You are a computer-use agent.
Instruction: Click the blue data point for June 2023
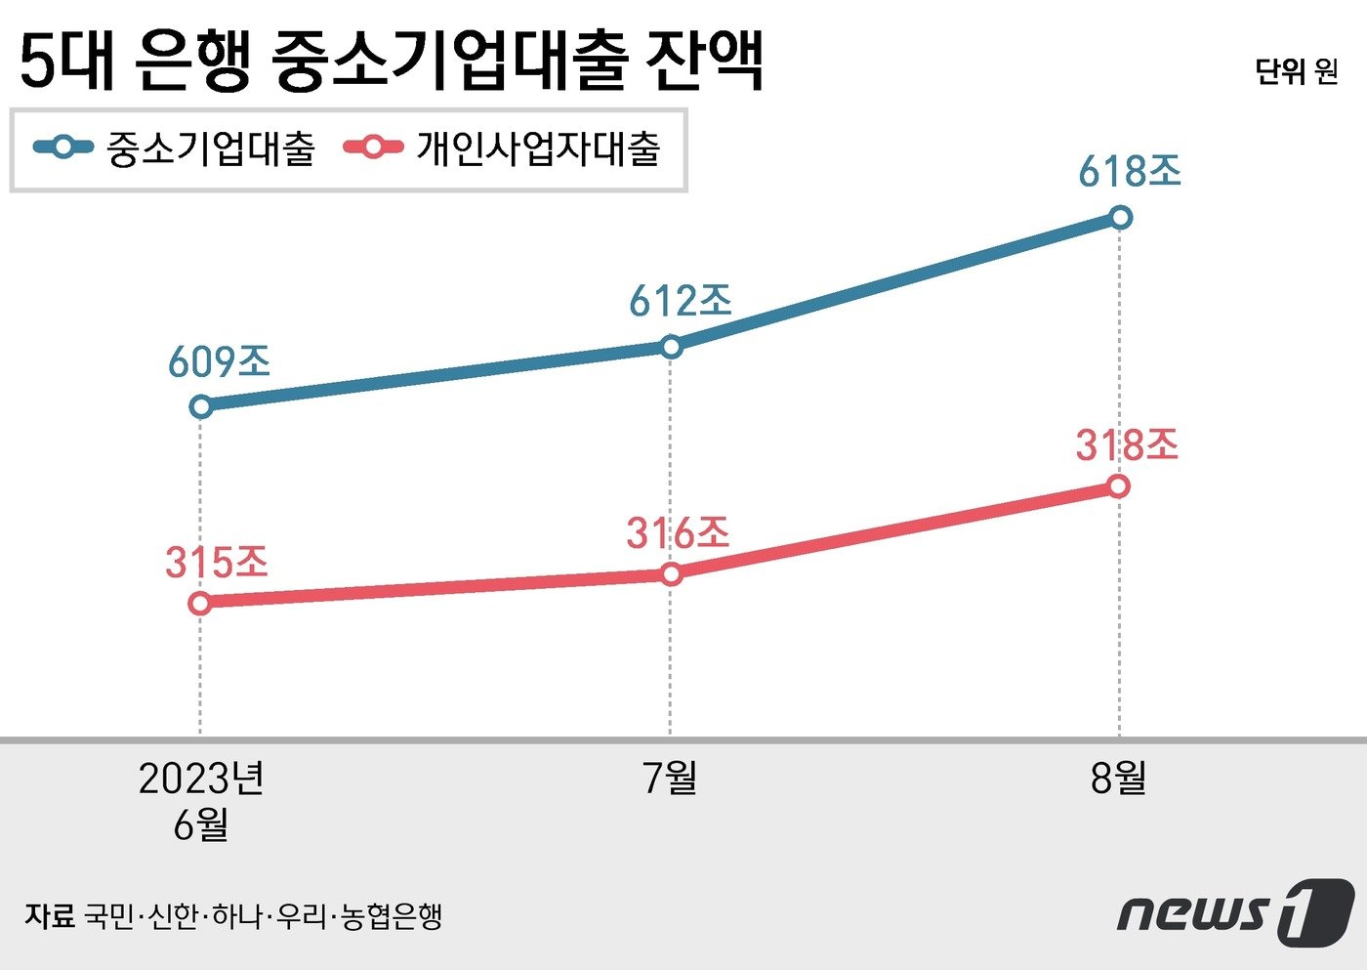(201, 406)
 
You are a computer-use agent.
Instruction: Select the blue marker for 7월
(671, 347)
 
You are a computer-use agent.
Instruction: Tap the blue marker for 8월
(1121, 217)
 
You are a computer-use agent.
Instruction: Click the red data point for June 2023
(200, 604)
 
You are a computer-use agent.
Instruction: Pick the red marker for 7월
(671, 574)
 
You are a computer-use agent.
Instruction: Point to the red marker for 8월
(1119, 485)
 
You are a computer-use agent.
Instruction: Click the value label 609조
(219, 362)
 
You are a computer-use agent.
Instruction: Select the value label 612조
(680, 301)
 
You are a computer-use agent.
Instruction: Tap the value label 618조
(1130, 172)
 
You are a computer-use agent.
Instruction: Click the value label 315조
(216, 563)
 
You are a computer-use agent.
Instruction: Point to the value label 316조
(678, 533)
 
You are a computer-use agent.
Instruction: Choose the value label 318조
(1127, 445)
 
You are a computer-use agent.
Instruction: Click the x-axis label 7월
(671, 779)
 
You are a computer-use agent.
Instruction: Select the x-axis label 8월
(1119, 779)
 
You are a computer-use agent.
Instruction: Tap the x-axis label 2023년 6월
(201, 801)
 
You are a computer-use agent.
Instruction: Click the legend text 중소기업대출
(211, 149)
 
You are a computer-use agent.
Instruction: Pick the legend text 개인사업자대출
(539, 149)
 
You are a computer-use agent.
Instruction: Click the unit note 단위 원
(1296, 71)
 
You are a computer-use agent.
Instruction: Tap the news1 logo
(1235, 912)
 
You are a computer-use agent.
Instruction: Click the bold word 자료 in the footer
(49, 916)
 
